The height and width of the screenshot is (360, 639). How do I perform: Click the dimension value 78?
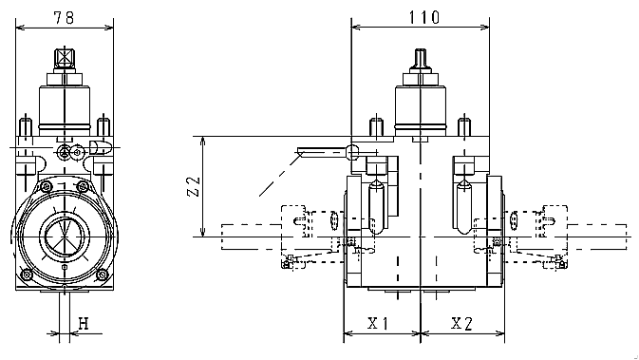[64, 17]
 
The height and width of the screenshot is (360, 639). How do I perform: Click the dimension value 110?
[423, 17]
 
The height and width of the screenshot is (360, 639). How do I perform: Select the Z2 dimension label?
[194, 187]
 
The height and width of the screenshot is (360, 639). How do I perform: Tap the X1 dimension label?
[378, 323]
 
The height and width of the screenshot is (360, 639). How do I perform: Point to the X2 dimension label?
[461, 323]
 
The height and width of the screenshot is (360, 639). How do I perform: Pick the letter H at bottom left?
[84, 324]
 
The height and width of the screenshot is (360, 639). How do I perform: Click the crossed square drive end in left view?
[65, 58]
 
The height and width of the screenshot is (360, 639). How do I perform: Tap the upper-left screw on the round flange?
[47, 187]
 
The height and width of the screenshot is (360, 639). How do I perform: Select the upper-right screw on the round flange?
[83, 187]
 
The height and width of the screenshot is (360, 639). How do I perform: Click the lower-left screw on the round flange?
[27, 275]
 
